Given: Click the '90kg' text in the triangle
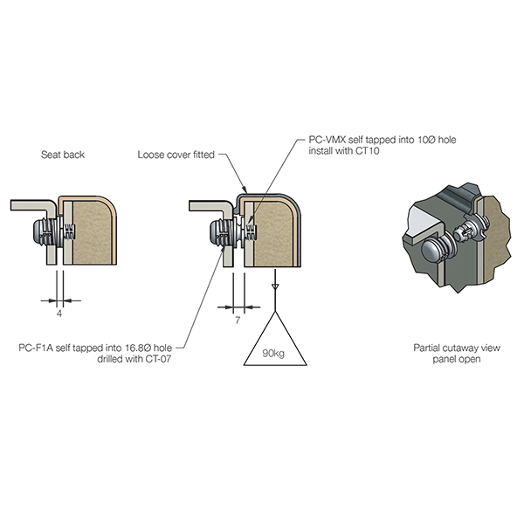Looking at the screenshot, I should point(274,354).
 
